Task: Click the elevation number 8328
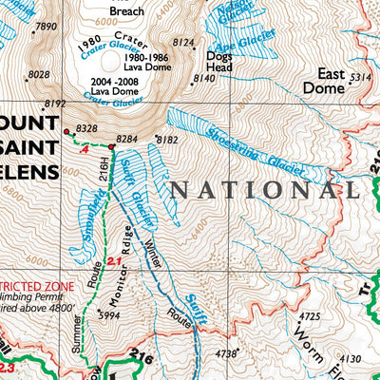coord(86,127)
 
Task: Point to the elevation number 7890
coord(46,27)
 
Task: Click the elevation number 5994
coord(110,315)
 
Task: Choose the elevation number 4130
coord(351,359)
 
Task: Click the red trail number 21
coord(114,261)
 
